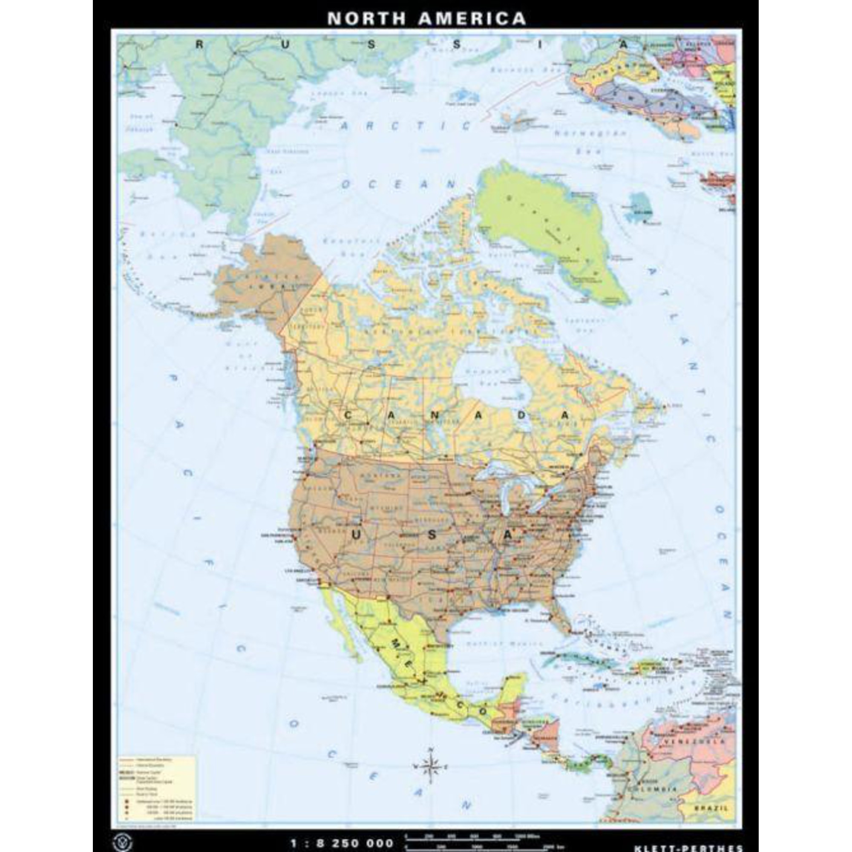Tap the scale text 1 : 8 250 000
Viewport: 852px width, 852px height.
(x=342, y=843)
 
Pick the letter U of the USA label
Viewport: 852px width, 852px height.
(x=356, y=535)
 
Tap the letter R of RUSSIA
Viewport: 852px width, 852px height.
(x=199, y=44)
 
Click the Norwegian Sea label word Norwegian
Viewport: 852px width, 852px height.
(x=590, y=133)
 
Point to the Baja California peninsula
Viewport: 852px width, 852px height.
(x=348, y=630)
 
